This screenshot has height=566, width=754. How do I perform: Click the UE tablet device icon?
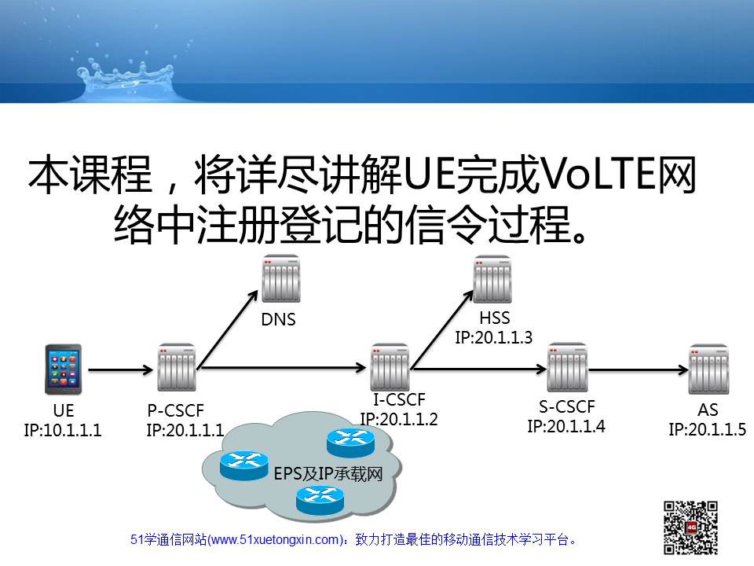tap(63, 369)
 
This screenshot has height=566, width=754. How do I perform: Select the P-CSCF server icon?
tap(177, 367)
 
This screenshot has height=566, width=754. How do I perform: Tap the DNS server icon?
tap(281, 279)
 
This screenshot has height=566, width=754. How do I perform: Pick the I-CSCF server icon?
tap(390, 367)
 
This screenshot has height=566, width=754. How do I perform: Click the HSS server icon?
tap(492, 279)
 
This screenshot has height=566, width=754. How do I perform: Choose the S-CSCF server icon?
tap(567, 367)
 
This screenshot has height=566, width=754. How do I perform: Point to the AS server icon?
tap(708, 369)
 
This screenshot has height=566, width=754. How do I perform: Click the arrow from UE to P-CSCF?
tap(120, 369)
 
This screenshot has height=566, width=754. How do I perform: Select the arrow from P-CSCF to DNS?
tap(228, 329)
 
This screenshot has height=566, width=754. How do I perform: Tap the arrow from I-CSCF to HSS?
tap(442, 329)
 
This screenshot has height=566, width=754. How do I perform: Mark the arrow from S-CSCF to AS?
tap(639, 369)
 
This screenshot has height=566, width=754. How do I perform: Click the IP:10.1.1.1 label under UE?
tap(63, 430)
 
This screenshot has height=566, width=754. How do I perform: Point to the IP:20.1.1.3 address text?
tap(494, 337)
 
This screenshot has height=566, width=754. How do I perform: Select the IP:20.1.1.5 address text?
tap(708, 429)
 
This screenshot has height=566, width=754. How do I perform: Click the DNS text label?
tap(278, 320)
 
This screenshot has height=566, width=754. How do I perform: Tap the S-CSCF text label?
tap(567, 407)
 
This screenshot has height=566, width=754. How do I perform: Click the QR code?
tap(690, 527)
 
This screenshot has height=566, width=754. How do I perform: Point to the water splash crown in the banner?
tap(126, 79)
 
